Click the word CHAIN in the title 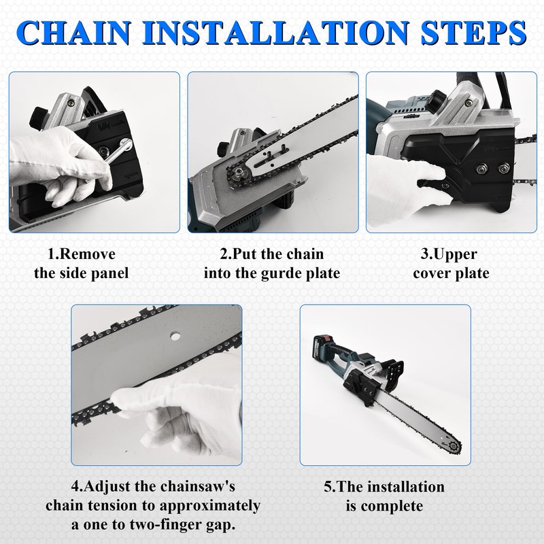tap(73, 33)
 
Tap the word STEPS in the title tap(473, 33)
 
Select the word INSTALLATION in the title tap(276, 33)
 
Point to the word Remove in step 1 tap(88, 254)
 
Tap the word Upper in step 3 tap(455, 255)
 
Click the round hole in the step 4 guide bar tap(175, 336)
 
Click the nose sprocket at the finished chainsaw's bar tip tap(453, 445)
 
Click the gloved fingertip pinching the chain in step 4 tap(121, 397)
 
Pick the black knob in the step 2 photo tap(224, 148)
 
